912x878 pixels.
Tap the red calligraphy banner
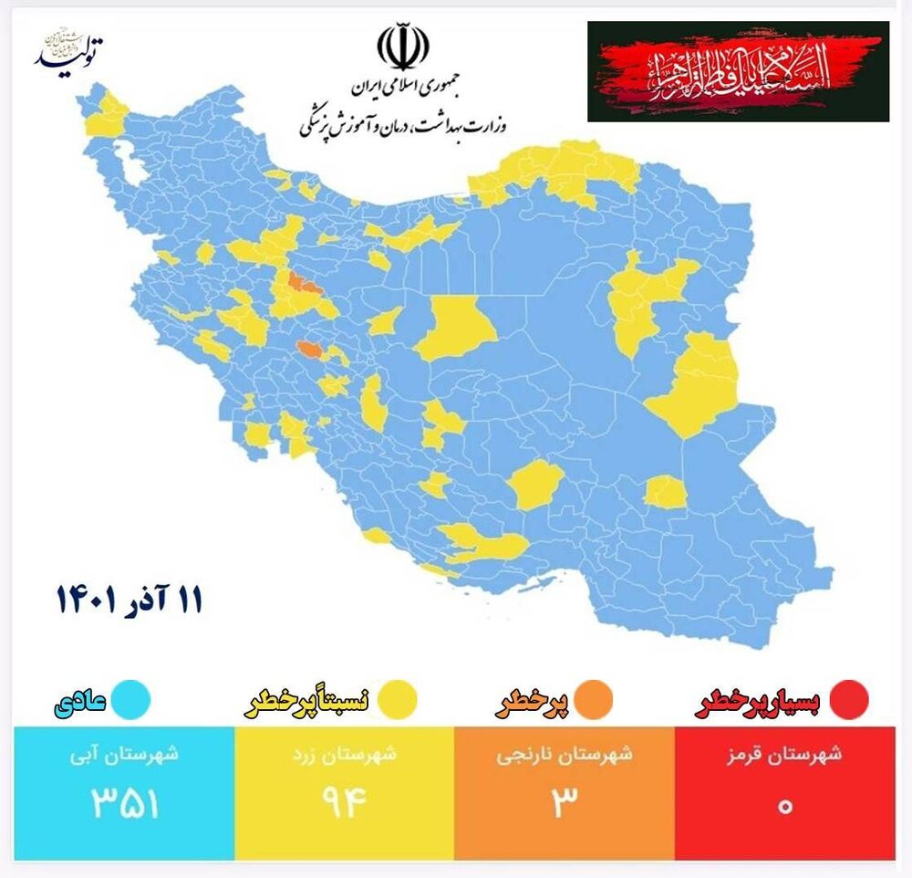pos(738,71)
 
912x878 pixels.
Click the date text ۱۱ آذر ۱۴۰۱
pos(130,601)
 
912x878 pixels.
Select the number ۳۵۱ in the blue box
pos(125,803)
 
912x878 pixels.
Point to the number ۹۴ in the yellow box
pos(344,803)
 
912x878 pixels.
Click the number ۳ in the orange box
pos(565,803)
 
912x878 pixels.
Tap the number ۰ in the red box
pos(784,805)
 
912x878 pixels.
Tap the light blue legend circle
pos(133,701)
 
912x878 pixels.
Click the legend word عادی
pos(84,701)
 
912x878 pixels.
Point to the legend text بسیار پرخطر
pos(759,701)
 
